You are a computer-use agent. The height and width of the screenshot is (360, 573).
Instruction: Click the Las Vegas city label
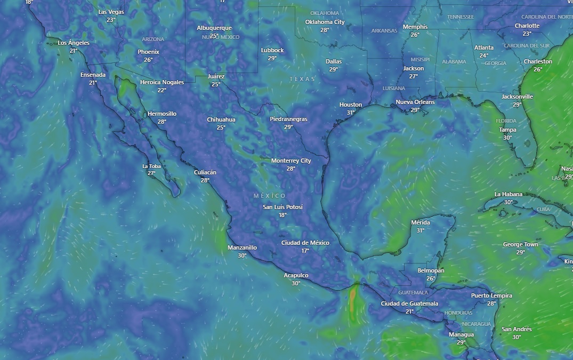click(x=111, y=12)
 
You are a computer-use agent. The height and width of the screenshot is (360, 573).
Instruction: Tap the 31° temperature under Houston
click(x=351, y=113)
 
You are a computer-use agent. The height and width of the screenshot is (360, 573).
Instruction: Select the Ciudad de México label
click(x=305, y=243)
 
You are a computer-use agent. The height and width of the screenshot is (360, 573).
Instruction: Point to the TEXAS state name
click(x=302, y=79)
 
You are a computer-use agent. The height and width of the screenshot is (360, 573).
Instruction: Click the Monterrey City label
click(x=291, y=161)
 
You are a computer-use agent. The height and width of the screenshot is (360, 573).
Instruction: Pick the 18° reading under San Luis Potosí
click(x=283, y=215)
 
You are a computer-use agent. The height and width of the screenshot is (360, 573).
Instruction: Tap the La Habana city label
click(x=509, y=194)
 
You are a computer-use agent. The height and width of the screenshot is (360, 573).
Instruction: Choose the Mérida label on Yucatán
click(x=421, y=222)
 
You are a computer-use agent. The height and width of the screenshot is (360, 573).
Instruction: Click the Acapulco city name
click(x=296, y=275)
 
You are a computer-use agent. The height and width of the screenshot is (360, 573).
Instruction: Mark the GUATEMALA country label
click(x=413, y=292)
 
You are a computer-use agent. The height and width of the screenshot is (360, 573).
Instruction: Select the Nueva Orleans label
click(x=415, y=102)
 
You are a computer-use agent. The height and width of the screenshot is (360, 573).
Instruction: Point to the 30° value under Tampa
click(x=507, y=138)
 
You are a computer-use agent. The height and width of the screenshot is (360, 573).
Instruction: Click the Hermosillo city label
click(x=162, y=114)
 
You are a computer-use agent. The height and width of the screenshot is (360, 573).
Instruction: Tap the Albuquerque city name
click(x=214, y=28)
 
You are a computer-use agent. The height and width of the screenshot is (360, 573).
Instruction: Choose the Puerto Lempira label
click(x=491, y=295)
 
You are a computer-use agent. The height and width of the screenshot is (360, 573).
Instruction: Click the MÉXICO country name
click(x=270, y=196)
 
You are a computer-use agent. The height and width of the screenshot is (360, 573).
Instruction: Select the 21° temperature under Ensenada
click(x=93, y=83)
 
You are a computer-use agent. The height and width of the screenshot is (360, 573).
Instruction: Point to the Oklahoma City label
click(x=325, y=22)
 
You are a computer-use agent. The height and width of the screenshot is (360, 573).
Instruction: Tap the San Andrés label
click(x=516, y=329)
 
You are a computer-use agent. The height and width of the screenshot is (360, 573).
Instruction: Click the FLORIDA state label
click(x=506, y=121)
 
